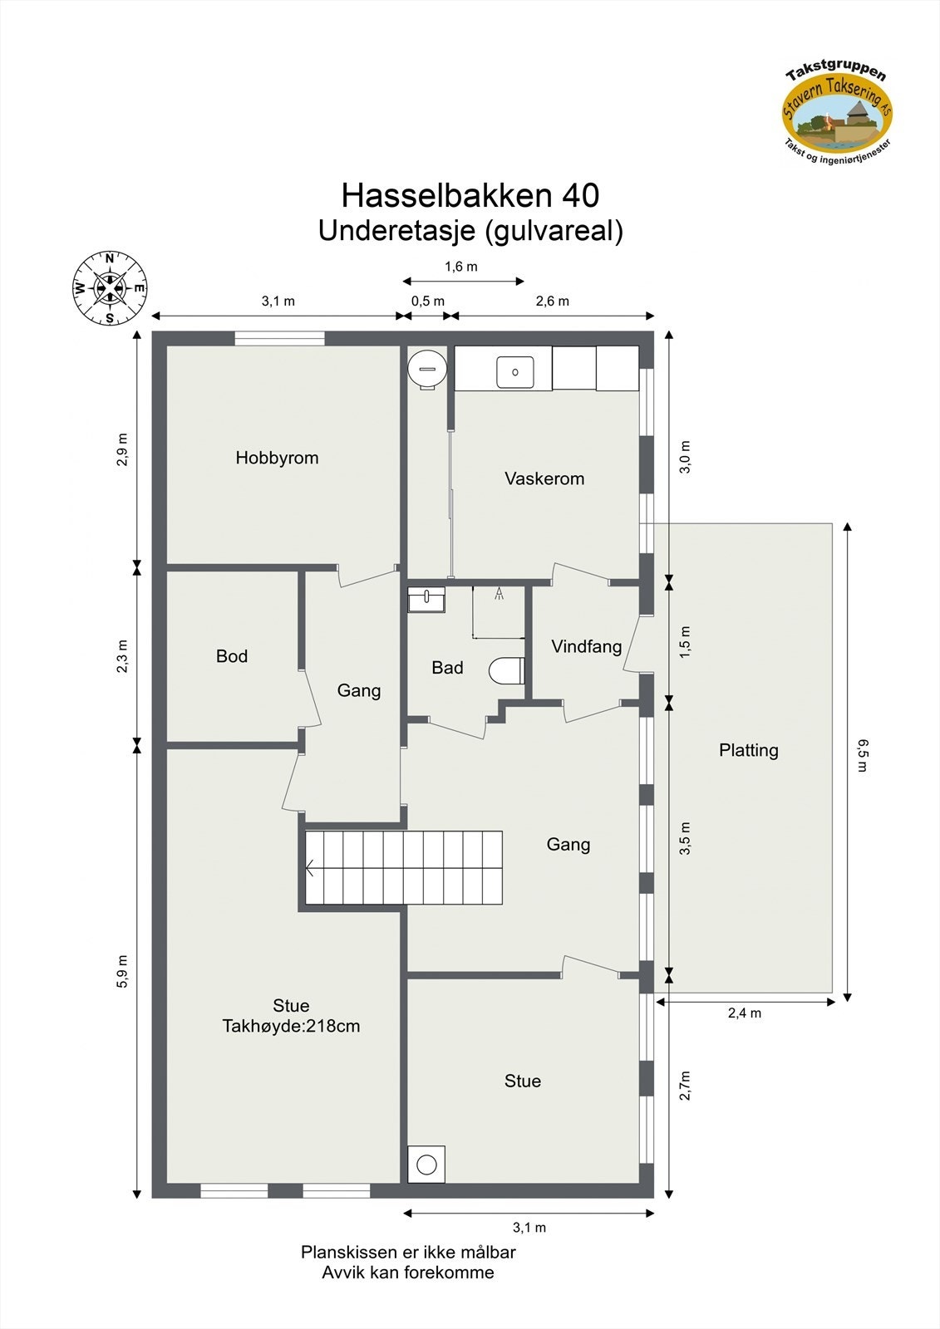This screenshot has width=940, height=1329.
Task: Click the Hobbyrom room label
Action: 277,458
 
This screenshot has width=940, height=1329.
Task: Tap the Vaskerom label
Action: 544,478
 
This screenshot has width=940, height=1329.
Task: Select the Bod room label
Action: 232,656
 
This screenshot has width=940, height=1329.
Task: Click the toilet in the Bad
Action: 505,670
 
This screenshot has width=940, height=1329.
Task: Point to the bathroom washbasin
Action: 426,599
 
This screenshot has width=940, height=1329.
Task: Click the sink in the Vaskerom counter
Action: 515,372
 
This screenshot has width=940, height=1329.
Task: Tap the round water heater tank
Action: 427,368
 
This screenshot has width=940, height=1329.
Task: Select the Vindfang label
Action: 586,646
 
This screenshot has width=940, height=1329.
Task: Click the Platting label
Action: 748,750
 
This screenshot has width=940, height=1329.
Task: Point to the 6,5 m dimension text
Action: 862,755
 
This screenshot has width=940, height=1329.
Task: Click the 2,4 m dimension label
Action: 745,1013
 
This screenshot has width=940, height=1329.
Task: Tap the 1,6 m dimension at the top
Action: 461,267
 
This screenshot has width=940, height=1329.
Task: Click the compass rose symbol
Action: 111,288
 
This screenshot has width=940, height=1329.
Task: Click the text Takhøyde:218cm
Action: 291,1026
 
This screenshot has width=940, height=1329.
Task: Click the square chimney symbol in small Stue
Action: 426,1165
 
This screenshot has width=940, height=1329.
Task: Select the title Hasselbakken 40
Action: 470,196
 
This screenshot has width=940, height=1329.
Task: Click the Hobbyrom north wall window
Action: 279,338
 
